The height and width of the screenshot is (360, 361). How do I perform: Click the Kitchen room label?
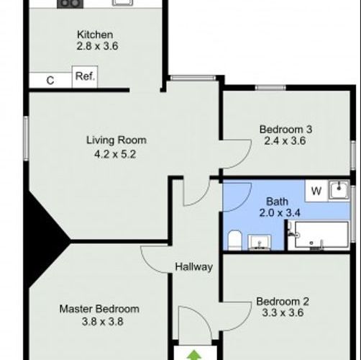pos(95,35)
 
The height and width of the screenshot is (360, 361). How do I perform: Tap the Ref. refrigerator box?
pos(85,77)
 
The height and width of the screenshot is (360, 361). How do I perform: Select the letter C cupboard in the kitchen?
pos(50,81)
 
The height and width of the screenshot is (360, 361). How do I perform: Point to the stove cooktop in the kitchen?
pos(70,4)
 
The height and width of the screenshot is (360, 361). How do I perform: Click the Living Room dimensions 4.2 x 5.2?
pos(115,154)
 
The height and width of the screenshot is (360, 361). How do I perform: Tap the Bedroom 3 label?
pos(285,130)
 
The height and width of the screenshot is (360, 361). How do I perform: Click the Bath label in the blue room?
pos(277,202)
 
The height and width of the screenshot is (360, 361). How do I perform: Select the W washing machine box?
pos(316,191)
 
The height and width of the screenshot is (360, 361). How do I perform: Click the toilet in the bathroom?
pos(234,240)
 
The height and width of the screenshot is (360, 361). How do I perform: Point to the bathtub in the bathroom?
pos(321,235)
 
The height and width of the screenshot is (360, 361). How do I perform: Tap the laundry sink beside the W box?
pos(339,190)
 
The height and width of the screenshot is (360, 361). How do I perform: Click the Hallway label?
pos(194,267)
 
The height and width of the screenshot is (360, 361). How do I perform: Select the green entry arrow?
pos(194,355)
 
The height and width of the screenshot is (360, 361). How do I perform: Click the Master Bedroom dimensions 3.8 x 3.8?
pos(103,322)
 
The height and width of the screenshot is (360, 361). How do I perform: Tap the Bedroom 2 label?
pos(283,302)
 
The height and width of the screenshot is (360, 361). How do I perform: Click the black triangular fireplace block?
pos(43,240)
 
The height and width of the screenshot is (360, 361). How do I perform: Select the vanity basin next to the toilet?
pos(260,243)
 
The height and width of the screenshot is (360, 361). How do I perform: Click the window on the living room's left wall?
pos(26,138)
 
